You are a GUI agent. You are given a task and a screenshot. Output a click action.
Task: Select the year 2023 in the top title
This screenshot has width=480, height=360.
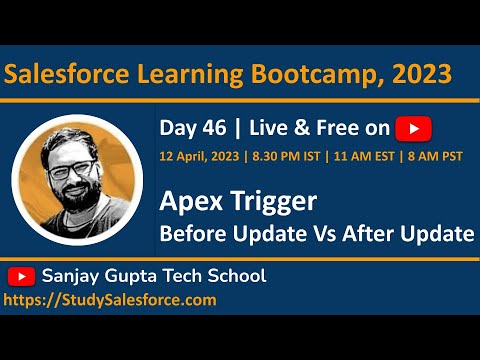pos(424,75)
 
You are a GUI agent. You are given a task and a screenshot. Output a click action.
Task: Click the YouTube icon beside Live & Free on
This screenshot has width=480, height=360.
pos(413,128)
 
